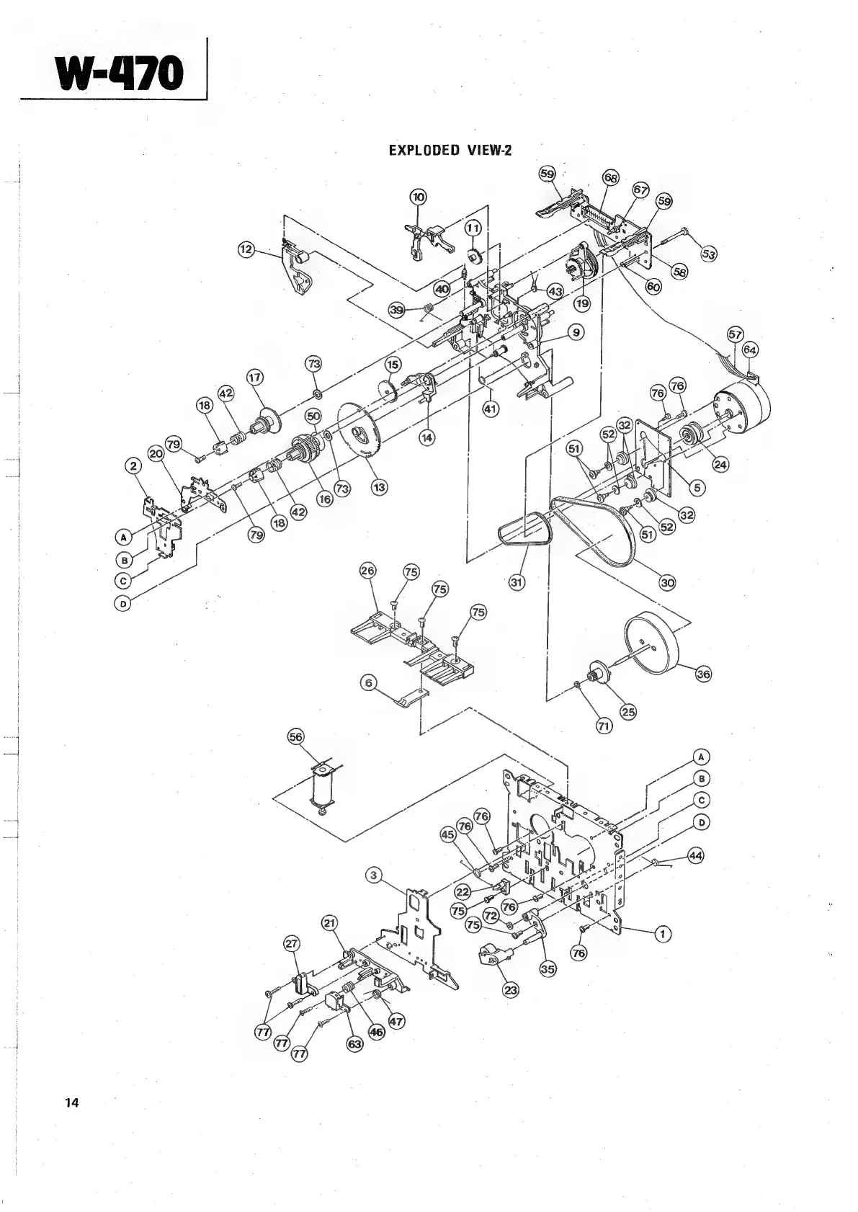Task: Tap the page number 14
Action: [71, 1102]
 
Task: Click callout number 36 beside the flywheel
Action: [702, 674]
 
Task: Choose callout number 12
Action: [246, 249]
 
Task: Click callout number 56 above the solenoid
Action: [296, 736]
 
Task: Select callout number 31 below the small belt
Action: [517, 582]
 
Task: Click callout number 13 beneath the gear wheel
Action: [378, 487]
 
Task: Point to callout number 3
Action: [372, 875]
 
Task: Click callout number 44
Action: [694, 855]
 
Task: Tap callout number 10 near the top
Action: [418, 197]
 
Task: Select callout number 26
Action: [368, 571]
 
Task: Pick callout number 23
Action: [510, 990]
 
